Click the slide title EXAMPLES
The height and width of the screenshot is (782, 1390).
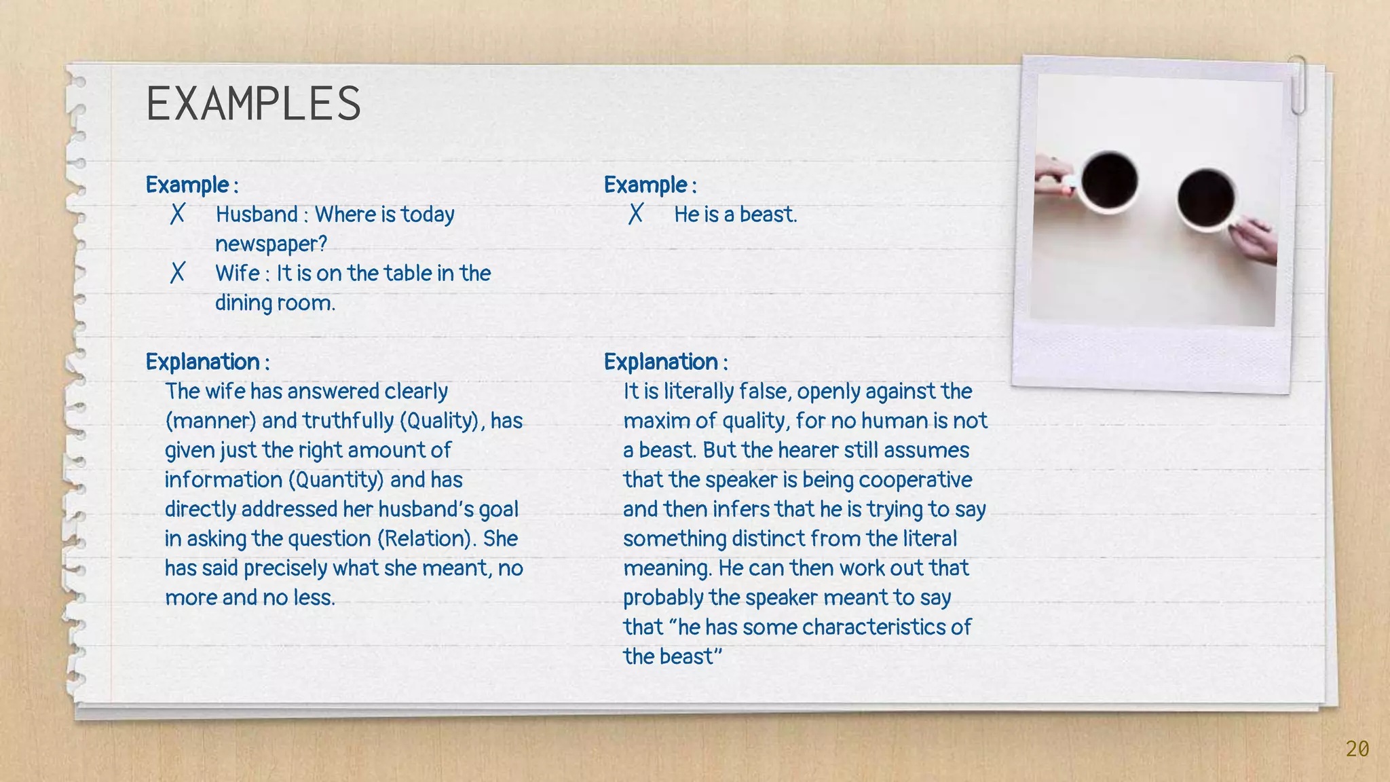pos(253,104)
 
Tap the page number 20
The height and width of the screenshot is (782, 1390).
pos(1357,749)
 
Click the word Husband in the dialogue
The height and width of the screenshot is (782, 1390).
pos(257,215)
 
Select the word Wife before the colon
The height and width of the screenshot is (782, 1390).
pos(237,273)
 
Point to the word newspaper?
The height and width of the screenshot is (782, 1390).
pos(271,244)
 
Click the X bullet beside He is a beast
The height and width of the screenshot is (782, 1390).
pos(635,215)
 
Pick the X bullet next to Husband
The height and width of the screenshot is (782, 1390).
pos(177,215)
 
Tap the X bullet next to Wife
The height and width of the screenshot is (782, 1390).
pos(177,273)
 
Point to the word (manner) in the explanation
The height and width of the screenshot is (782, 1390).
pos(210,421)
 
